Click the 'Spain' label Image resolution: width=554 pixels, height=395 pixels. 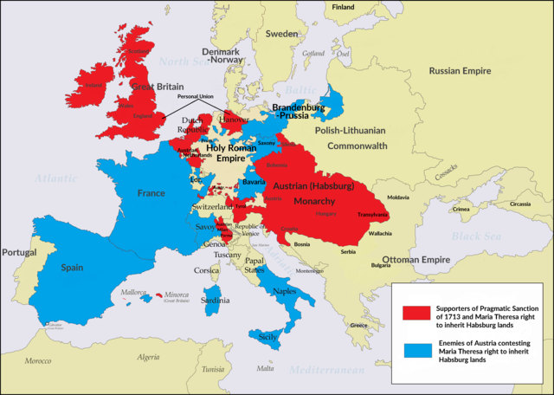[x=72, y=269]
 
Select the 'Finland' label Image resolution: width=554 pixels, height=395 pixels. [x=343, y=7]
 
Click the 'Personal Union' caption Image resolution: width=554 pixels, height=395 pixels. [x=195, y=96]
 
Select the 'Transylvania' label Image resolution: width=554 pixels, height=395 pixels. [x=372, y=216]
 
